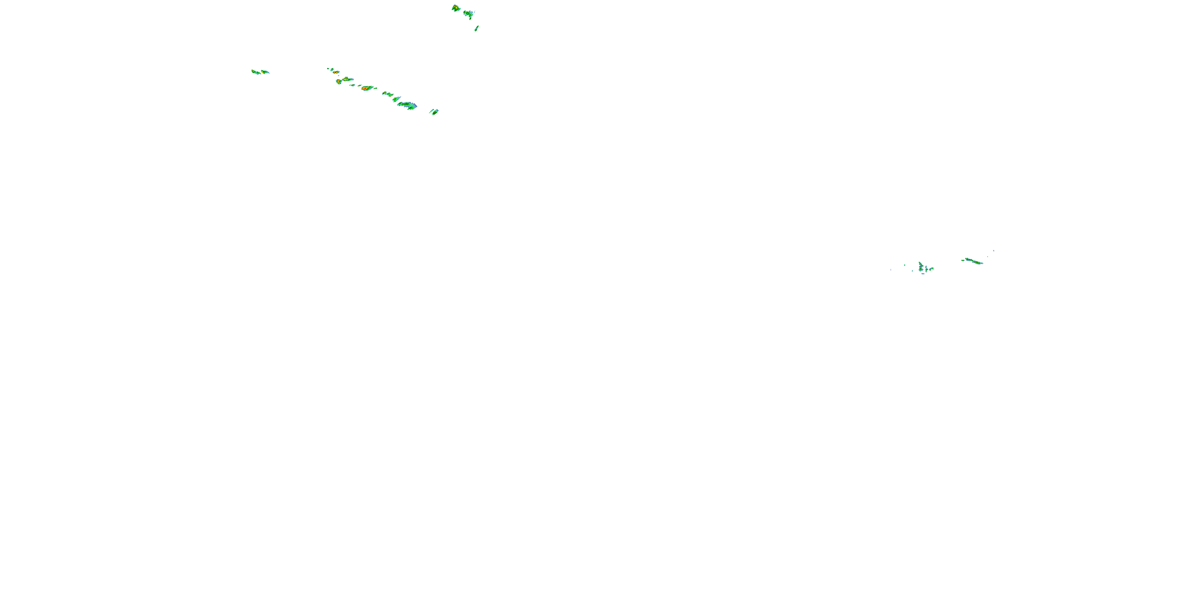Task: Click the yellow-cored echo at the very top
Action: coord(456,8)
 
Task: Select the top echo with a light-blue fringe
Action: coord(469,14)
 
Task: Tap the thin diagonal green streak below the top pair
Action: coord(476,29)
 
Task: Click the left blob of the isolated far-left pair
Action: coord(255,72)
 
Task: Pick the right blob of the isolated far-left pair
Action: coord(265,72)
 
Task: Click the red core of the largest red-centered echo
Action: coord(366,88)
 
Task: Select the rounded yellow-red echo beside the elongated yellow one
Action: coord(339,82)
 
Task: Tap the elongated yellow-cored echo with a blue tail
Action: coord(347,79)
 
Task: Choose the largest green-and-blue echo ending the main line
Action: coord(407,106)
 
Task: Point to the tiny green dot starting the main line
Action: coord(328,69)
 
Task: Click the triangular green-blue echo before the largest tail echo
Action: coord(396,99)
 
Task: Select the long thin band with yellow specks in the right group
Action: coord(974,261)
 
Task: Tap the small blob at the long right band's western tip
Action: coord(963,260)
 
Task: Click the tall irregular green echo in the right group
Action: coord(921,267)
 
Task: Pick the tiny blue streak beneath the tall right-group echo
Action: coord(923,274)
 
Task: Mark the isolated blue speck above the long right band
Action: coord(994,251)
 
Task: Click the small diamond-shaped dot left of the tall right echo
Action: coord(904,265)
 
